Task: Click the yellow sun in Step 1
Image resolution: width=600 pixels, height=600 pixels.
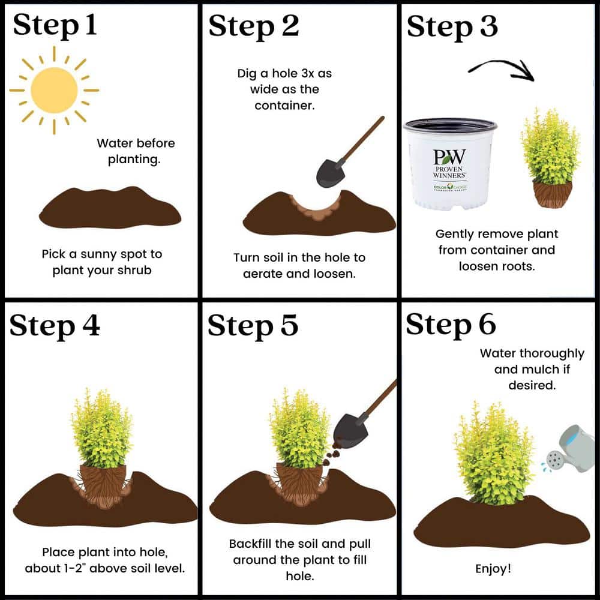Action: coord(54,91)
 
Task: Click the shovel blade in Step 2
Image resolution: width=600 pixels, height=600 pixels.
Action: coord(330,173)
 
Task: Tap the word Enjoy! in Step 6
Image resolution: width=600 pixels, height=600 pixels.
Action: coord(493,569)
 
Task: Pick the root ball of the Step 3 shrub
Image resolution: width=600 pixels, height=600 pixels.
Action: coord(553,194)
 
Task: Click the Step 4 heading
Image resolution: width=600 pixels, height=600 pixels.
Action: coord(55,326)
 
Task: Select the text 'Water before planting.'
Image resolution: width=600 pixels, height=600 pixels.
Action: coord(136,151)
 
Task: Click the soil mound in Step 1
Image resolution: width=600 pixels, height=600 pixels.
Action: coord(110,208)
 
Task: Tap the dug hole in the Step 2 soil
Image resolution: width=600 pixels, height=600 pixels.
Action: coord(316,209)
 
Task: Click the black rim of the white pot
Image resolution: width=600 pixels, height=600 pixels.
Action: coord(451,125)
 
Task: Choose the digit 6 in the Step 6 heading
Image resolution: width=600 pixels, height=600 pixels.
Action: coord(487,325)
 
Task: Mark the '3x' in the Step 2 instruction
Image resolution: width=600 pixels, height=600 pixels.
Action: coord(305,73)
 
